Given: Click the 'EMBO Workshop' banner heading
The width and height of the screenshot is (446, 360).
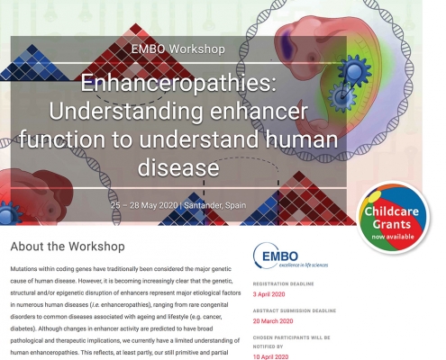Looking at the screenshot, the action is (x=178, y=49).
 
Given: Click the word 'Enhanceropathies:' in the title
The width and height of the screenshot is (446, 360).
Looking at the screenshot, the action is (x=178, y=84).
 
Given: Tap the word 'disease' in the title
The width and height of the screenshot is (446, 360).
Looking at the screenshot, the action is (x=178, y=167).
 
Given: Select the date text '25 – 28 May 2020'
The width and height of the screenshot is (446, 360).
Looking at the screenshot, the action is (x=144, y=205).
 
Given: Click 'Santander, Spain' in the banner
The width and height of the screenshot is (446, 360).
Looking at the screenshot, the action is (x=215, y=205).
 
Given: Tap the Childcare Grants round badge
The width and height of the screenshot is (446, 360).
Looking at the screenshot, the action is (x=393, y=218).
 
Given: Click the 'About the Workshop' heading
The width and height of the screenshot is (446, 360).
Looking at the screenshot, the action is (x=68, y=247).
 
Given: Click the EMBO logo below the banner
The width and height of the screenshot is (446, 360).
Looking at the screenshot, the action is (x=290, y=256).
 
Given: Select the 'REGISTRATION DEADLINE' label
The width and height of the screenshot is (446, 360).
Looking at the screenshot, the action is (x=283, y=283).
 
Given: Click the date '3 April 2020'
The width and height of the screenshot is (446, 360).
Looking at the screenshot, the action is (x=269, y=294).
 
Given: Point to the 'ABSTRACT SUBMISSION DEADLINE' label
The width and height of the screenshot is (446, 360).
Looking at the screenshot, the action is (x=295, y=310).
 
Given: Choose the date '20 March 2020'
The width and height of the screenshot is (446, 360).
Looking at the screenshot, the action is (x=273, y=321).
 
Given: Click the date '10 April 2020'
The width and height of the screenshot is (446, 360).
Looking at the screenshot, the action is (x=270, y=356).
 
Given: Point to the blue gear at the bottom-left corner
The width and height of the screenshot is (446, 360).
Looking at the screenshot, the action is (x=9, y=213).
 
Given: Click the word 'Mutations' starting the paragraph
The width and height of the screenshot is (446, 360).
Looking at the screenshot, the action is (x=23, y=269).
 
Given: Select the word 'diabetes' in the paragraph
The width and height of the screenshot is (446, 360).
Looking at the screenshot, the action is (x=23, y=328).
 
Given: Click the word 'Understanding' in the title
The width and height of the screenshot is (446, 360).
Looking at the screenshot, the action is (x=125, y=112).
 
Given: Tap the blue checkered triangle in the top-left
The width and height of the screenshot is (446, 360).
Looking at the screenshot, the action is (x=33, y=64).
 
